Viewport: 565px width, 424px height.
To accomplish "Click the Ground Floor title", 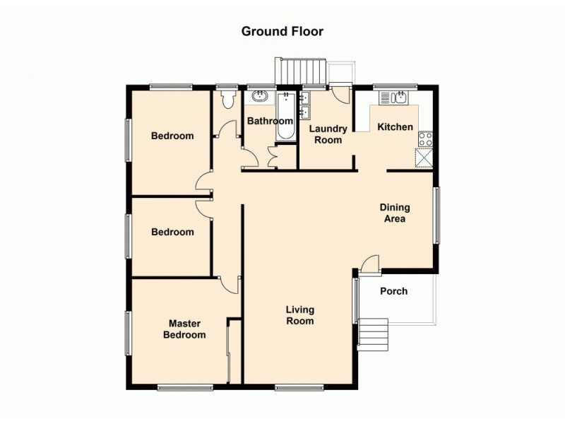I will pyautogui.click(x=282, y=31).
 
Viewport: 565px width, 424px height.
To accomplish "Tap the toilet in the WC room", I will pyautogui.click(x=227, y=101).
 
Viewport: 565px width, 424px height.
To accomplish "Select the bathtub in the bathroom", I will pyautogui.click(x=285, y=117).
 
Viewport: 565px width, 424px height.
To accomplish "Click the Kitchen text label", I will pyautogui.click(x=395, y=127).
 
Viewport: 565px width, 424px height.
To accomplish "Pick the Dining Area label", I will pyautogui.click(x=395, y=213).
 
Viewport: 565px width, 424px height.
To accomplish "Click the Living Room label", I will pyautogui.click(x=299, y=315).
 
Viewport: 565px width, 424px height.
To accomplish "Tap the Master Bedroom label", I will pyautogui.click(x=184, y=329).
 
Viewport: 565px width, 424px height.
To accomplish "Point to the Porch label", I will pyautogui.click(x=393, y=291).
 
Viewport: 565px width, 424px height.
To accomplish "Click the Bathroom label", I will pyautogui.click(x=269, y=122).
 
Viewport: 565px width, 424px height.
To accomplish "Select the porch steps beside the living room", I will pyautogui.click(x=374, y=334).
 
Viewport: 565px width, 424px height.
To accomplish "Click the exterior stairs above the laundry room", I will pyautogui.click(x=302, y=71).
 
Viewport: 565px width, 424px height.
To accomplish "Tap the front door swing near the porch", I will pyautogui.click(x=369, y=265).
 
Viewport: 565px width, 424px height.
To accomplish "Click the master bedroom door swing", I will pyautogui.click(x=230, y=284).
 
